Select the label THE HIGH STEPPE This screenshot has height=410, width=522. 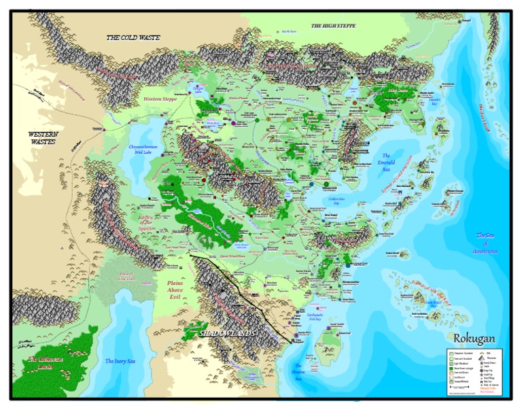[333, 26]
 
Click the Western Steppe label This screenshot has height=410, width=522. [160, 99]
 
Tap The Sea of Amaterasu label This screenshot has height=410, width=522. [486, 243]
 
